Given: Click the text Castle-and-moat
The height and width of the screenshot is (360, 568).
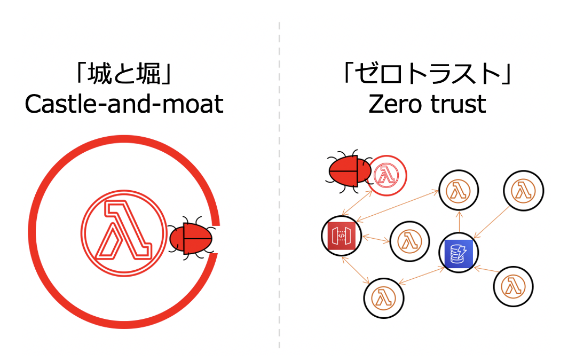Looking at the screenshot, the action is tap(124, 104).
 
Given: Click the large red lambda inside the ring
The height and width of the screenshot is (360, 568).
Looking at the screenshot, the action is tap(121, 232).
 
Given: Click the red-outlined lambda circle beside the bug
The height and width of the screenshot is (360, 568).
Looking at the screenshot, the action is tap(389, 174).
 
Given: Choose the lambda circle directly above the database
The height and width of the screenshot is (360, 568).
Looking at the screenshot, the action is tap(459, 190).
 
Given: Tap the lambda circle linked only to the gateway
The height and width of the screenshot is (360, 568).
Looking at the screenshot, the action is tap(409, 241).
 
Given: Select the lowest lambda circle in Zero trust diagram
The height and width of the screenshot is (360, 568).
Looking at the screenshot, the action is tap(384, 296).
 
